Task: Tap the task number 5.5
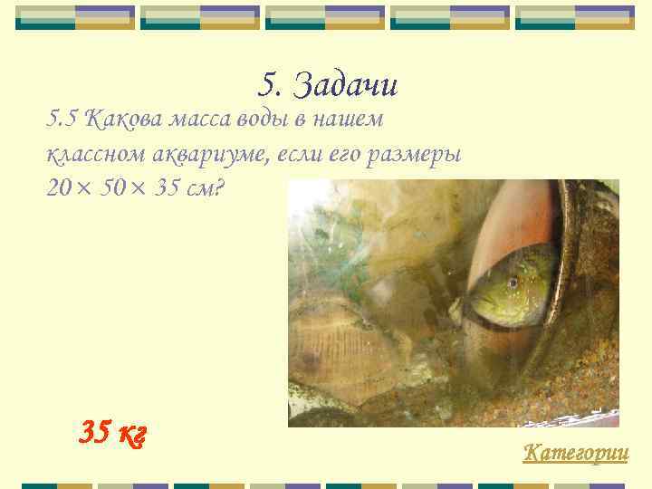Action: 63,119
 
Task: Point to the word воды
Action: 253,119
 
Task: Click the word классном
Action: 89,154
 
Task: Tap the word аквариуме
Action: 191,154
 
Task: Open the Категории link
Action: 575,452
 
